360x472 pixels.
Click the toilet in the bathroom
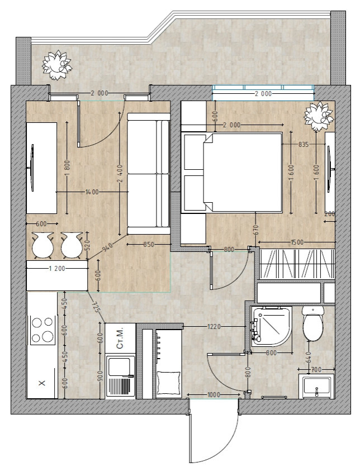tap(313, 324)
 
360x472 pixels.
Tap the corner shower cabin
tap(271, 326)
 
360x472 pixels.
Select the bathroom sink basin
tap(316, 386)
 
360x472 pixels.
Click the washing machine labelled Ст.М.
tap(120, 338)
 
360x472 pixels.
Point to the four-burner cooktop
tap(42, 330)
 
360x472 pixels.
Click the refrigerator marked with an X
tap(42, 383)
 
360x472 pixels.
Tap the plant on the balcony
tap(56, 65)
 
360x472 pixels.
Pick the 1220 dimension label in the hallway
tap(214, 326)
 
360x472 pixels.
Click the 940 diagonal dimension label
tap(107, 247)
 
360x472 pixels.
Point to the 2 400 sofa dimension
tap(120, 174)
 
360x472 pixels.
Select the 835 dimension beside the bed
tap(303, 145)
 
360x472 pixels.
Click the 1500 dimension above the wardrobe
tap(297, 242)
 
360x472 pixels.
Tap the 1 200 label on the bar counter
tap(56, 268)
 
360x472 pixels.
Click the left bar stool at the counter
tap(42, 245)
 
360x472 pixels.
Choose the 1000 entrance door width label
tap(214, 395)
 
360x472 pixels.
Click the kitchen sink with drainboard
tap(120, 376)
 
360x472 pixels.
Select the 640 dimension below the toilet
tap(308, 357)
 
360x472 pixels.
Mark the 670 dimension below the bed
tap(256, 231)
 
